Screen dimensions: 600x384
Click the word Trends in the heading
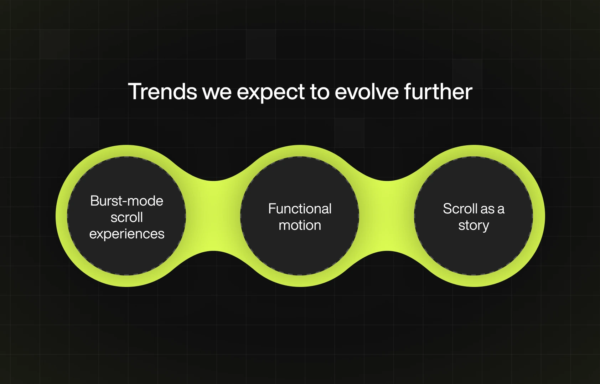point(162,91)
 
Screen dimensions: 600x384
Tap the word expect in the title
point(270,93)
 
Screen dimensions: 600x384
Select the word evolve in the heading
point(366,91)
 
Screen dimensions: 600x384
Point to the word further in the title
point(438,91)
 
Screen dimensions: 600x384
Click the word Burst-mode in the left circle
point(127,201)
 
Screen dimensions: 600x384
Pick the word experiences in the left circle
point(127,234)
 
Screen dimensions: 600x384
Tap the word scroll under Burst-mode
point(127,217)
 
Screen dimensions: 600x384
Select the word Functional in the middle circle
point(300,209)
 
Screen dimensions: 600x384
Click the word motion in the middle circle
point(300,225)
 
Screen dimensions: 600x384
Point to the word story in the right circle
point(474,226)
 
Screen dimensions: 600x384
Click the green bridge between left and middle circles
point(213,216)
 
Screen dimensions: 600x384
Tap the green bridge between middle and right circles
point(387,216)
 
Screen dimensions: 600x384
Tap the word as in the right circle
point(487,209)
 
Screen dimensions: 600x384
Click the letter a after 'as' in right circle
point(501,209)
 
